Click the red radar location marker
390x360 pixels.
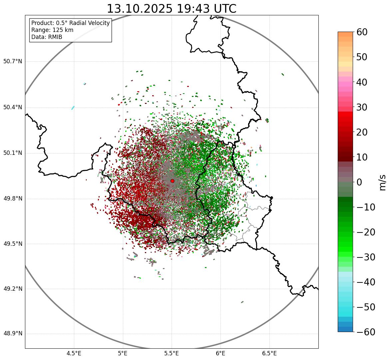tap(172, 181)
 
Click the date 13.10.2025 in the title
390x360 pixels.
tap(139, 9)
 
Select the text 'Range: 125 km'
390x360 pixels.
tap(52, 30)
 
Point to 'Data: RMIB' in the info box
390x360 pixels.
tap(47, 37)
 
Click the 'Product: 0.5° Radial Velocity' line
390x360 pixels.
tap(70, 23)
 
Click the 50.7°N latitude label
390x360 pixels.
tap(13, 62)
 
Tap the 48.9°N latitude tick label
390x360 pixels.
tap(13, 334)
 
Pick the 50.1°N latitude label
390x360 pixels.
tap(13, 153)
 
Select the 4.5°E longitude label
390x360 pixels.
tap(74, 353)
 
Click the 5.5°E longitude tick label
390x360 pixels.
tap(172, 353)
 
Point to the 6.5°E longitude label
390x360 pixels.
tap(269, 353)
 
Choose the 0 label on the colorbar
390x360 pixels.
tap(359, 182)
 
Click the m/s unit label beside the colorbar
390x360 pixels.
tap(383, 182)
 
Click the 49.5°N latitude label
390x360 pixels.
tap(13, 244)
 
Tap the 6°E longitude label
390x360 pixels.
tap(220, 353)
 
